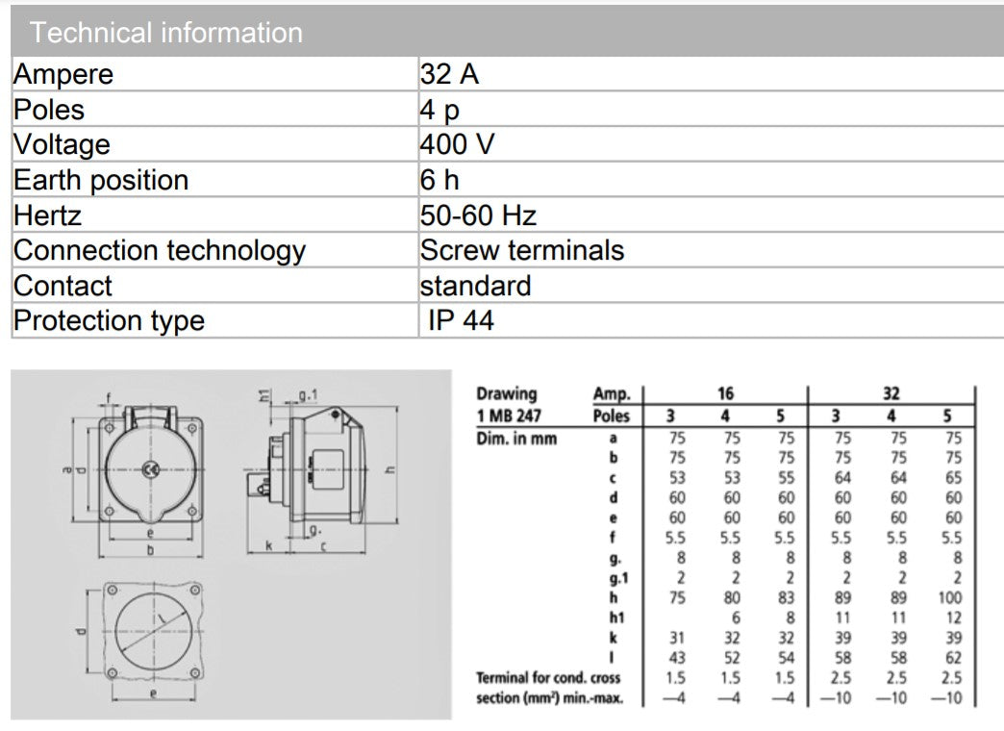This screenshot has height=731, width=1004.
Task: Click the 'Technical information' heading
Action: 165,33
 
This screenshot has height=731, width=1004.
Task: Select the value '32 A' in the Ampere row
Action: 449,74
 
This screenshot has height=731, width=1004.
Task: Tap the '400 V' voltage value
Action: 457,144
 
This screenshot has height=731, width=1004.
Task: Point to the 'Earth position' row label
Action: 101,180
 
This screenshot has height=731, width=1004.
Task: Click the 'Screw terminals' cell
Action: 521,250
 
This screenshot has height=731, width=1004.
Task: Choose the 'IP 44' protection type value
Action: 461,320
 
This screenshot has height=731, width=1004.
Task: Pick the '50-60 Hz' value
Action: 478,214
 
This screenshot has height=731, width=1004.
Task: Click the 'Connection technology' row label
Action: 159,250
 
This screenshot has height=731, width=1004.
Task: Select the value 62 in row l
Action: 951,657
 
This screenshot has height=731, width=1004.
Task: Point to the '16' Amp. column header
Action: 725,393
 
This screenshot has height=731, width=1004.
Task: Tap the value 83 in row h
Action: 787,597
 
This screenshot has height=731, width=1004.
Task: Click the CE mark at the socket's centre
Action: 149,468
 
